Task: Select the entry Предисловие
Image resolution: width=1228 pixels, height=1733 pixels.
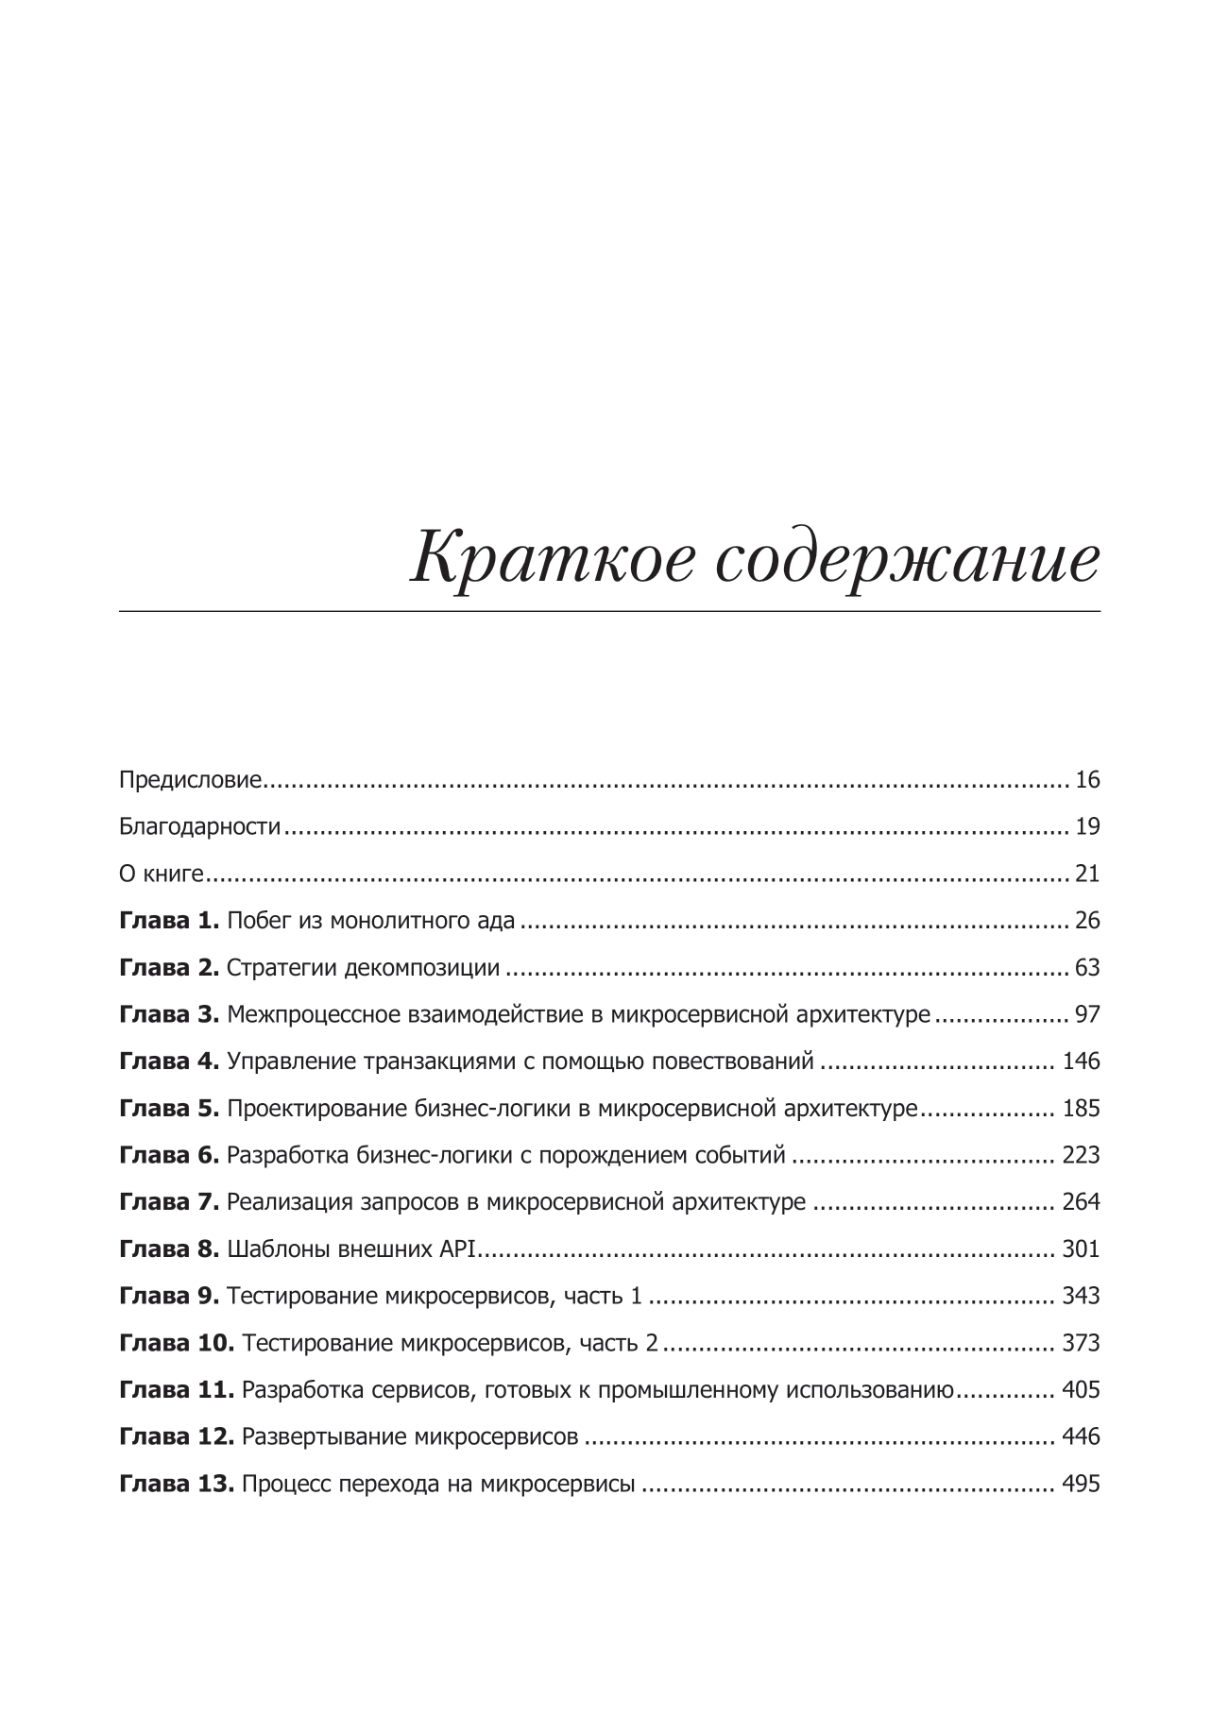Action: pyautogui.click(x=190, y=780)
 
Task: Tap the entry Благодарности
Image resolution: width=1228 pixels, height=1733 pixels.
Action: pyautogui.click(x=200, y=826)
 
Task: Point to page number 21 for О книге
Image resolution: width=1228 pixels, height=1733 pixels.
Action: pyautogui.click(x=1087, y=874)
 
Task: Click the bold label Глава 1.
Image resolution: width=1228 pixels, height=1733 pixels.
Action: pyautogui.click(x=169, y=920)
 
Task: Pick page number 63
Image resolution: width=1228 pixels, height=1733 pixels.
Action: pyautogui.click(x=1087, y=967)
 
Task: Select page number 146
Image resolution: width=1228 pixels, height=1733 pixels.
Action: pyautogui.click(x=1081, y=1061)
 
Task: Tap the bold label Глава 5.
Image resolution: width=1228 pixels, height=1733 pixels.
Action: pyautogui.click(x=169, y=1108)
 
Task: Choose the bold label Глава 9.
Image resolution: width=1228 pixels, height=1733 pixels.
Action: pyautogui.click(x=169, y=1296)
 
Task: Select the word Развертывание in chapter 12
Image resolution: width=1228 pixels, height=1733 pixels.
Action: pyautogui.click(x=325, y=1436)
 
